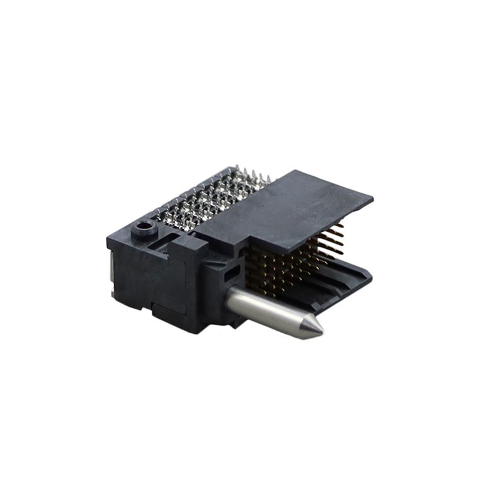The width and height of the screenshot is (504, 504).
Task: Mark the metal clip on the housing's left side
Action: pos(112,271)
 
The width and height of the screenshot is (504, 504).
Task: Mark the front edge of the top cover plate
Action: pos(309,230)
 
